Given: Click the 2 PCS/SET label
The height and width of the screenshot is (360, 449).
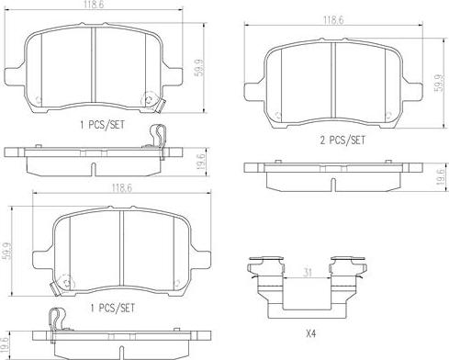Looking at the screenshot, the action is point(342,141).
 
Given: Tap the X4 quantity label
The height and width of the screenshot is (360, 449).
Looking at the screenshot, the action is point(311,333).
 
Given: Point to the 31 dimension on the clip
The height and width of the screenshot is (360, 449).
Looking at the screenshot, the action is point(307,272).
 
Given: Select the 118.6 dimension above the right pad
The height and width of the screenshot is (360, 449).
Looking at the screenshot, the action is point(333,20).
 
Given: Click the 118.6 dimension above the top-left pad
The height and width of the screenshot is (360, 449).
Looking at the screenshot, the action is point(94,5).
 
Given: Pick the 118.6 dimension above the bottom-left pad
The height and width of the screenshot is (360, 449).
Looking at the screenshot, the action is point(122,187).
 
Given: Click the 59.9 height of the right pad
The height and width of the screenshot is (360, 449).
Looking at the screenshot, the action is point(439,83).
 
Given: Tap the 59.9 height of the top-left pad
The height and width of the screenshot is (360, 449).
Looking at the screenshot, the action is point(199,68).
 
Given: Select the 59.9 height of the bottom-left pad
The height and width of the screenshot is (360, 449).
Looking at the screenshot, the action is point(6,252).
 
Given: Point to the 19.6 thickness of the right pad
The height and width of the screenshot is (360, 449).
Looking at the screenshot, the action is point(440,177).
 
